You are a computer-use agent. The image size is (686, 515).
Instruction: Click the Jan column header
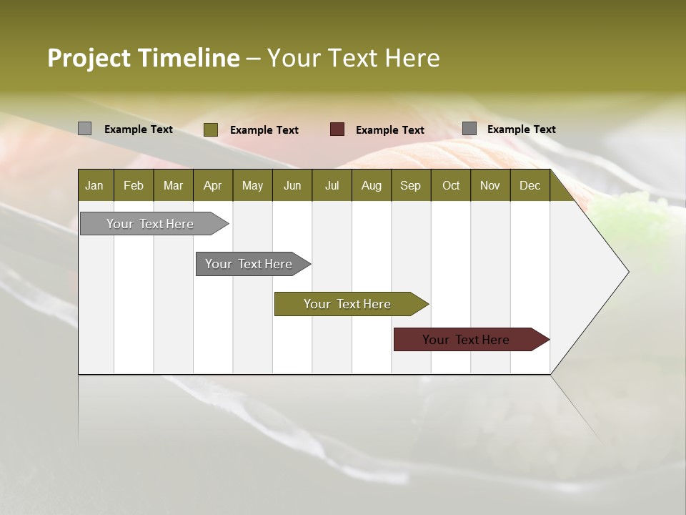tap(95, 185)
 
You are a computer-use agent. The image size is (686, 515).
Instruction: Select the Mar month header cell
tap(173, 185)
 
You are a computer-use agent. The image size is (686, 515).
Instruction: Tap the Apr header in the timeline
tap(212, 185)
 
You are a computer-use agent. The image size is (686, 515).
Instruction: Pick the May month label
tap(252, 185)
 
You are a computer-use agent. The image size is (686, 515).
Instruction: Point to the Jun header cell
tap(292, 185)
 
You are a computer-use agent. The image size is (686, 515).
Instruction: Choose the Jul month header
tap(332, 185)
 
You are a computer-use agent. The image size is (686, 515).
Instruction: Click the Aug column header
tap(371, 185)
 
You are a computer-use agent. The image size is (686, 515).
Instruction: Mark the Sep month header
tap(410, 185)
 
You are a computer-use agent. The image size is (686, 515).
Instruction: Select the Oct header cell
tap(451, 185)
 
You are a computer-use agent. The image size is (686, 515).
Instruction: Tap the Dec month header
tap(530, 185)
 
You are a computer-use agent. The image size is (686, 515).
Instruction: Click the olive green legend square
tap(211, 129)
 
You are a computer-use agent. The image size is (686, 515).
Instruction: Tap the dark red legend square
tap(337, 129)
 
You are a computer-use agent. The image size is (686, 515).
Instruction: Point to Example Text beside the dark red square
tap(389, 130)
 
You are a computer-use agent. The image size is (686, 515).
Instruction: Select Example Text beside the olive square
tap(264, 130)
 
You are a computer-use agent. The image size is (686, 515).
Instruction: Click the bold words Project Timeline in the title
tap(143, 58)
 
